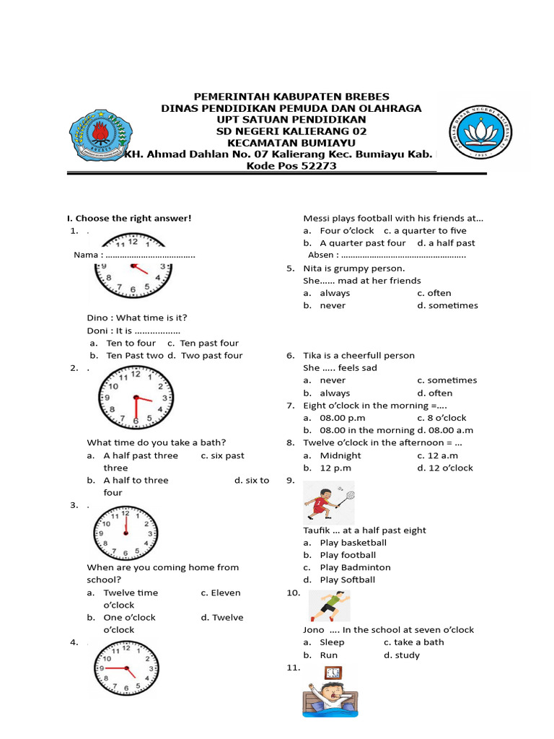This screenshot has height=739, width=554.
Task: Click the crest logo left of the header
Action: [99, 134]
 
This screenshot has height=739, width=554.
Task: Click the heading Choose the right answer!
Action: [129, 218]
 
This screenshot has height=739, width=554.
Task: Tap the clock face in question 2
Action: [136, 397]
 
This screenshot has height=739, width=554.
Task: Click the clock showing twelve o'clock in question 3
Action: [125, 533]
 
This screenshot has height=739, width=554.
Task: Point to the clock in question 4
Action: [125, 668]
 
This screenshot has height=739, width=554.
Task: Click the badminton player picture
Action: [329, 502]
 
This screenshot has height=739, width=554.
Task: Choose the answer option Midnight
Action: [340, 455]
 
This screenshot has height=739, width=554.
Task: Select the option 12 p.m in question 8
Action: [334, 468]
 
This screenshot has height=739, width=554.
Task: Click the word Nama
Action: [87, 255]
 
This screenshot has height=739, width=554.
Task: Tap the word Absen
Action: [321, 255]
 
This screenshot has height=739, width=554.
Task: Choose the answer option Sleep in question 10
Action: [332, 642]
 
